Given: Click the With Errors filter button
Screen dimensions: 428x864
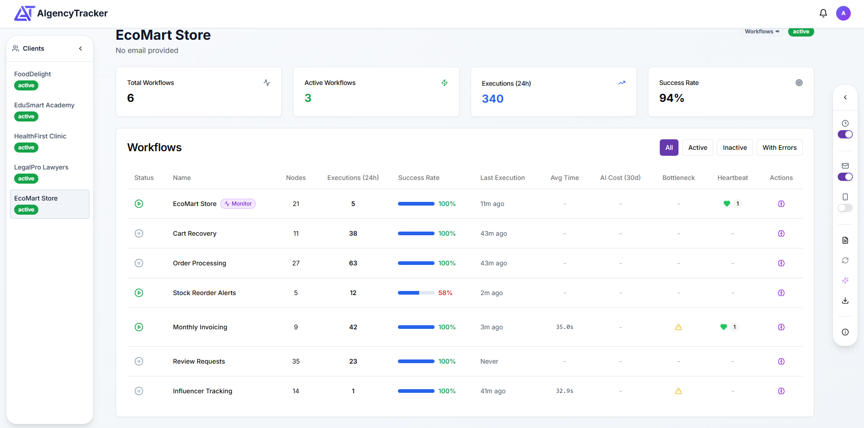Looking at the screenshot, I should click(x=779, y=148).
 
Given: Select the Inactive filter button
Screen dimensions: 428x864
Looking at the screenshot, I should click(x=735, y=148).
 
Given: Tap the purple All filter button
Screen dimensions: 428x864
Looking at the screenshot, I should click(x=669, y=148).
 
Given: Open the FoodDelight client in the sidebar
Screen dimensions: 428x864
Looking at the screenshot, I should click(x=33, y=74).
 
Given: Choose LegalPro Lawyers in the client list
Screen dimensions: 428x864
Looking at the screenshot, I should click(x=41, y=167).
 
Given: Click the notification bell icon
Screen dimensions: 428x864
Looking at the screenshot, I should click(x=823, y=13).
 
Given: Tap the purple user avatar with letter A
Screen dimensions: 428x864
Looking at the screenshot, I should click(x=843, y=13).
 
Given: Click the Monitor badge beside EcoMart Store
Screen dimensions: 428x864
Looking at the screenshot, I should click(x=238, y=204).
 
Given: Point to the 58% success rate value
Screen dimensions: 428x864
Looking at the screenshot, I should click(x=445, y=293).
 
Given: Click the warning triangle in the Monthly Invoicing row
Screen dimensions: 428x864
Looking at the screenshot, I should click(x=678, y=327).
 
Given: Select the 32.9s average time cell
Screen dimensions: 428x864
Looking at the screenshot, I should click(x=565, y=391).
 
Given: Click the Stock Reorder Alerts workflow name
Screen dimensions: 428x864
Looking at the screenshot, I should click(x=204, y=293).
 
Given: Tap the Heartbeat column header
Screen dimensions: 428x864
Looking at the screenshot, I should click(x=732, y=178).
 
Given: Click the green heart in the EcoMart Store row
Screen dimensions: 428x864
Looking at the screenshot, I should click(x=727, y=204).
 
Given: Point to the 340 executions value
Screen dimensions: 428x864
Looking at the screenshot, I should click(x=493, y=99).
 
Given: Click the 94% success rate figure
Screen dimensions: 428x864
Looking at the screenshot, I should click(x=672, y=98).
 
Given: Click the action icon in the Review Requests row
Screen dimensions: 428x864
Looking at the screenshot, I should click(x=781, y=361).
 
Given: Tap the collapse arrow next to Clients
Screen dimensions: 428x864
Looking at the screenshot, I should click(x=80, y=48).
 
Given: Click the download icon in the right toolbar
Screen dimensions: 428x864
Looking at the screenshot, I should click(x=845, y=301).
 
